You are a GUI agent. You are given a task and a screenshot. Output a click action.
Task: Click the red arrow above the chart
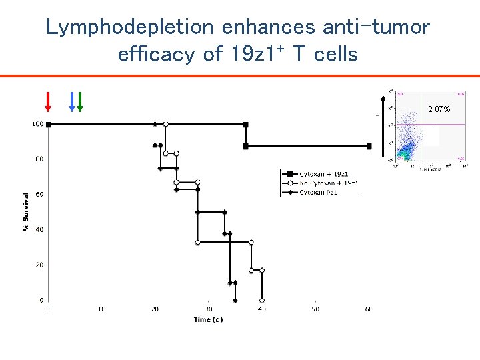pyautogui.click(x=48, y=101)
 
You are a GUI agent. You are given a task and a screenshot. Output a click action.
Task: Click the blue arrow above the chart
pyautogui.click(x=72, y=101)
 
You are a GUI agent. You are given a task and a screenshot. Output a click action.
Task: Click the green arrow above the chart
pyautogui.click(x=80, y=101)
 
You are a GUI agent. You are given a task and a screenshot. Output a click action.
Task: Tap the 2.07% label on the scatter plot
pyautogui.click(x=439, y=109)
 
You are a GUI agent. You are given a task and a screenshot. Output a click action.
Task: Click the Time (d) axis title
pyautogui.click(x=209, y=319)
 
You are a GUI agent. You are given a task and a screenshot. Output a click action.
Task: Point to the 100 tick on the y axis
pyautogui.click(x=38, y=124)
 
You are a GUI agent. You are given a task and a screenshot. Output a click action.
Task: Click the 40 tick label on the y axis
pyautogui.click(x=39, y=229)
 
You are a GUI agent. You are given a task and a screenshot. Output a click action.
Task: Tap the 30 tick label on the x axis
pyautogui.click(x=208, y=309)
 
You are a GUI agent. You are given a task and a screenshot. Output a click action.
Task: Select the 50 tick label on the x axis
pyautogui.click(x=315, y=309)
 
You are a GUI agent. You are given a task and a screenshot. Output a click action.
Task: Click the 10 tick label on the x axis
pyautogui.click(x=101, y=309)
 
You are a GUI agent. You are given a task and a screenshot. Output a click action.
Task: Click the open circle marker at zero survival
pyautogui.click(x=262, y=300)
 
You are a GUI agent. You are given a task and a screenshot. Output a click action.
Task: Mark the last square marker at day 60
pyautogui.click(x=369, y=146)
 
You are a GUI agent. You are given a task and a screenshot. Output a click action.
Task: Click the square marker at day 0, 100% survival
pyautogui.click(x=48, y=124)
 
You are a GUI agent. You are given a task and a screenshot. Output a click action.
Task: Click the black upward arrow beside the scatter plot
pyautogui.click(x=383, y=127)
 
